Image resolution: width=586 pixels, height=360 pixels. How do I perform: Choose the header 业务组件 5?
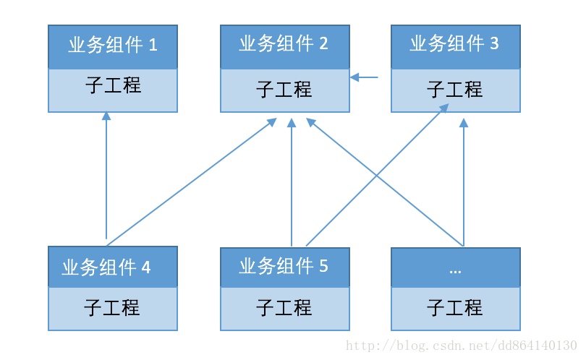pos(284,267)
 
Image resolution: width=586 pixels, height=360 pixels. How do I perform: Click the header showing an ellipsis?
pos(455,267)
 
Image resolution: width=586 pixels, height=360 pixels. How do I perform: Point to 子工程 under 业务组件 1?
pos(113,87)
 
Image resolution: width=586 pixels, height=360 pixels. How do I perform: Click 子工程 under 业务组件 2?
pos(284,90)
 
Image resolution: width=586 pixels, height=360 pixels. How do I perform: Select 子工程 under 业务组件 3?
pos(455,90)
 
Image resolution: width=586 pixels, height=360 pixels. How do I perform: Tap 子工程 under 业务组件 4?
pos(113,308)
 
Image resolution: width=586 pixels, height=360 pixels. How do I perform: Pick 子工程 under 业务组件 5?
pos(284,308)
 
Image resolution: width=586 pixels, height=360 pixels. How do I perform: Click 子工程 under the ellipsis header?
pos(455,308)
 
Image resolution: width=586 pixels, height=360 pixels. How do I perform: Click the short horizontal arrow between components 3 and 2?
pos(364,77)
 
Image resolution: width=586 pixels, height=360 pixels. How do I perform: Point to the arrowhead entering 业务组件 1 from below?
pos(106,116)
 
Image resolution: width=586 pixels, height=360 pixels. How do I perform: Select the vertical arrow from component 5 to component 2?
pos(292,181)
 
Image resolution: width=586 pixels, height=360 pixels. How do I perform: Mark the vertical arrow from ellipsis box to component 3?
pos(464,181)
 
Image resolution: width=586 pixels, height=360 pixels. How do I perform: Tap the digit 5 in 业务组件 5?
pos(323,267)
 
